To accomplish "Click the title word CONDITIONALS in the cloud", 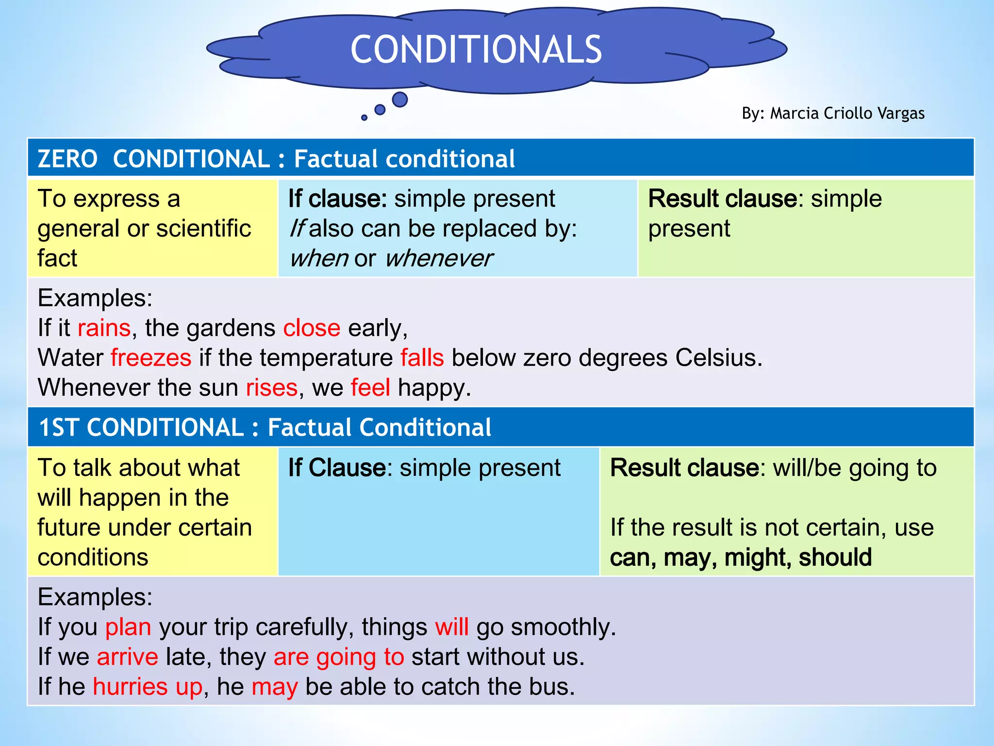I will [476, 50].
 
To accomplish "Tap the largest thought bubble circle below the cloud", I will [399, 100].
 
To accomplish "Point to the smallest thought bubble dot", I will [364, 118].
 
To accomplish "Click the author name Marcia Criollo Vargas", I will [847, 113].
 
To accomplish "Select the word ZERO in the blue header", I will [67, 159].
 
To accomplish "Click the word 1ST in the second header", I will [58, 427].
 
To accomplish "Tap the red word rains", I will [104, 328].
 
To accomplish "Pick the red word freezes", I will [151, 358].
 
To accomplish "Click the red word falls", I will [422, 358].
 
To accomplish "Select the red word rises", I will [271, 388].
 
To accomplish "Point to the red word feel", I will [370, 388].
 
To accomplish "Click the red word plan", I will [128, 627].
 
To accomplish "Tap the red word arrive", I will [127, 657].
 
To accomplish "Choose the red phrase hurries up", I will [148, 687].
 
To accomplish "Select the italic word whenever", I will [439, 258].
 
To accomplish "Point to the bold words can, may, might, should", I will [741, 558].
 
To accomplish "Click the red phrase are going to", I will [339, 657].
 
